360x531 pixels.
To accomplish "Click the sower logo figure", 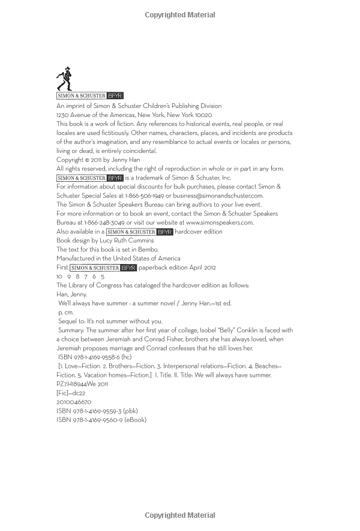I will pyautogui.click(x=64, y=79).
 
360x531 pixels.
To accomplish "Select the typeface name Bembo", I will pyautogui.click(x=149, y=249).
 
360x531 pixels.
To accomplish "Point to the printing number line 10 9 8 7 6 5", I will pyautogui.click(x=80, y=277).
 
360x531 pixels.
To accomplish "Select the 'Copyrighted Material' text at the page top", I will pyautogui.click(x=180, y=15).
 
